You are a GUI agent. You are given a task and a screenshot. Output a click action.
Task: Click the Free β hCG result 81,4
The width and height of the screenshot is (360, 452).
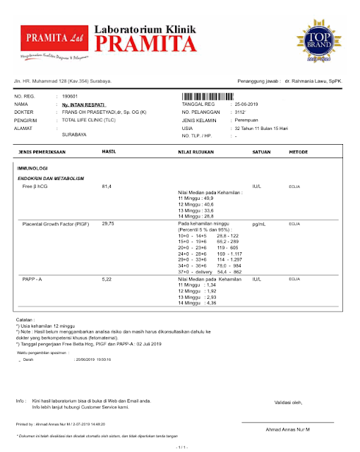107,186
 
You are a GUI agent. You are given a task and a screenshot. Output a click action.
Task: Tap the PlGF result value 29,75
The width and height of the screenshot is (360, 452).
109,223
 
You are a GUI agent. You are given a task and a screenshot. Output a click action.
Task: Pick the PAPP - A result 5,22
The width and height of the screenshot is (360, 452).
107,280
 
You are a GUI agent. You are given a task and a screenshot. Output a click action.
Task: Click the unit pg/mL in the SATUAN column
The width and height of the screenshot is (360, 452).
259,223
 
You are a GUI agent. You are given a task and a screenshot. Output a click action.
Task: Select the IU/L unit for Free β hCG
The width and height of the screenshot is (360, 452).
258,186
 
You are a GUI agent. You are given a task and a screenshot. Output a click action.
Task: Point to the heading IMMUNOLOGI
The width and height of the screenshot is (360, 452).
32,169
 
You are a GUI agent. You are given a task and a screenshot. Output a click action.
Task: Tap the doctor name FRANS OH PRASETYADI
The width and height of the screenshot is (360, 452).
104,112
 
